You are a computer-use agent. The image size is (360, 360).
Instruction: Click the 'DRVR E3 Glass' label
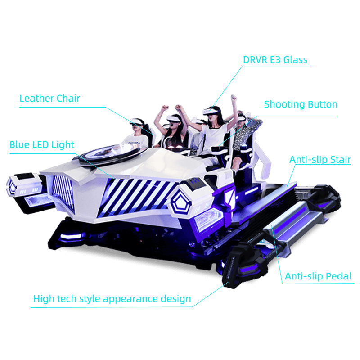click(x=275, y=60)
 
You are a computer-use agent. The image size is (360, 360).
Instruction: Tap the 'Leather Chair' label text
click(x=49, y=98)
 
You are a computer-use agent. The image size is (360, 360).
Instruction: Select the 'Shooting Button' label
click(x=301, y=105)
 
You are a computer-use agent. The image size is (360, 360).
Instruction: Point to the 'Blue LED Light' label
click(x=42, y=145)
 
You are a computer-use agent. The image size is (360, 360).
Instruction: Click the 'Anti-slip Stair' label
click(x=320, y=160)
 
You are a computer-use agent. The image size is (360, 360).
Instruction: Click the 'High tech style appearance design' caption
click(x=112, y=299)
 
